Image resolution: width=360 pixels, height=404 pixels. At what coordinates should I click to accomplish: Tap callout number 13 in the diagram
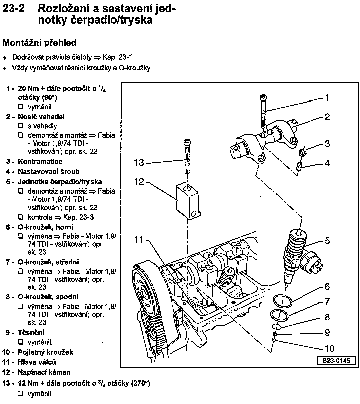(x=139, y=162)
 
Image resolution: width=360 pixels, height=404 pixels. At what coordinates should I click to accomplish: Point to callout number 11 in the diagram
(x=139, y=240)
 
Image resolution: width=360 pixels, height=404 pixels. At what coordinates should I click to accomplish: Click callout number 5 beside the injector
(x=327, y=241)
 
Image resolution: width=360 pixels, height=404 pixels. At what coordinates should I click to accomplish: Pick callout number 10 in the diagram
(x=329, y=347)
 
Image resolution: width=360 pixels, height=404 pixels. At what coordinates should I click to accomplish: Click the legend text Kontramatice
(x=40, y=162)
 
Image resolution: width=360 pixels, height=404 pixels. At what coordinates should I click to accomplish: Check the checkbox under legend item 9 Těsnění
(x=21, y=342)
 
